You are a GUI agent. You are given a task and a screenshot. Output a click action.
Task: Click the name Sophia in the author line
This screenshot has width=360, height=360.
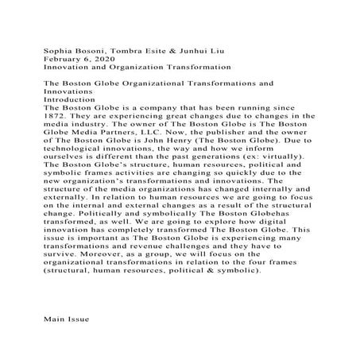(58, 50)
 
